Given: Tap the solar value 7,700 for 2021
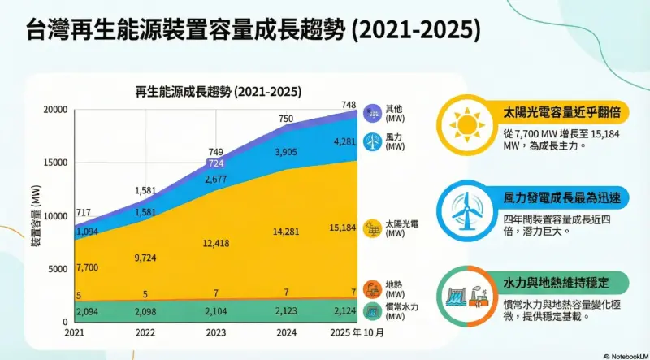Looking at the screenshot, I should pyautogui.click(x=86, y=267).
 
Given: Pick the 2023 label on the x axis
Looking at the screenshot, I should pyautogui.click(x=217, y=333).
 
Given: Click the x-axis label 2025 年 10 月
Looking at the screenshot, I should pyautogui.click(x=354, y=333).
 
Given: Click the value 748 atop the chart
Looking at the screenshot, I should pyautogui.click(x=349, y=104).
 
